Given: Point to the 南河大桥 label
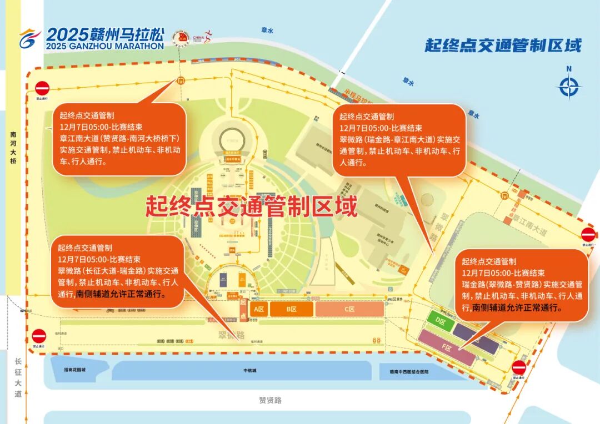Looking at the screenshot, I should coord(13,148).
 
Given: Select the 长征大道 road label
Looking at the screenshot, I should coord(18,377).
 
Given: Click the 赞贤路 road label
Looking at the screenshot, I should coord(271,400).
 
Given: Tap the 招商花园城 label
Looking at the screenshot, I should coord(75,370).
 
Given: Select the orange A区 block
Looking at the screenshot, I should coord(258,309).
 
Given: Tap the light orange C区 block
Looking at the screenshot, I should coord(349,309).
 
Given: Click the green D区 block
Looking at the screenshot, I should coord(441,321).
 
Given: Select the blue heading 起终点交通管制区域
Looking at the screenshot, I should coord(503,45).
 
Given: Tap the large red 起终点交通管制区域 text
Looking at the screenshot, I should coord(251,206).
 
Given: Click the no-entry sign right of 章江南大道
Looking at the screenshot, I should coord(588,234).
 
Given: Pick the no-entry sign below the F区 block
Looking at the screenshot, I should coord(518,367).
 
